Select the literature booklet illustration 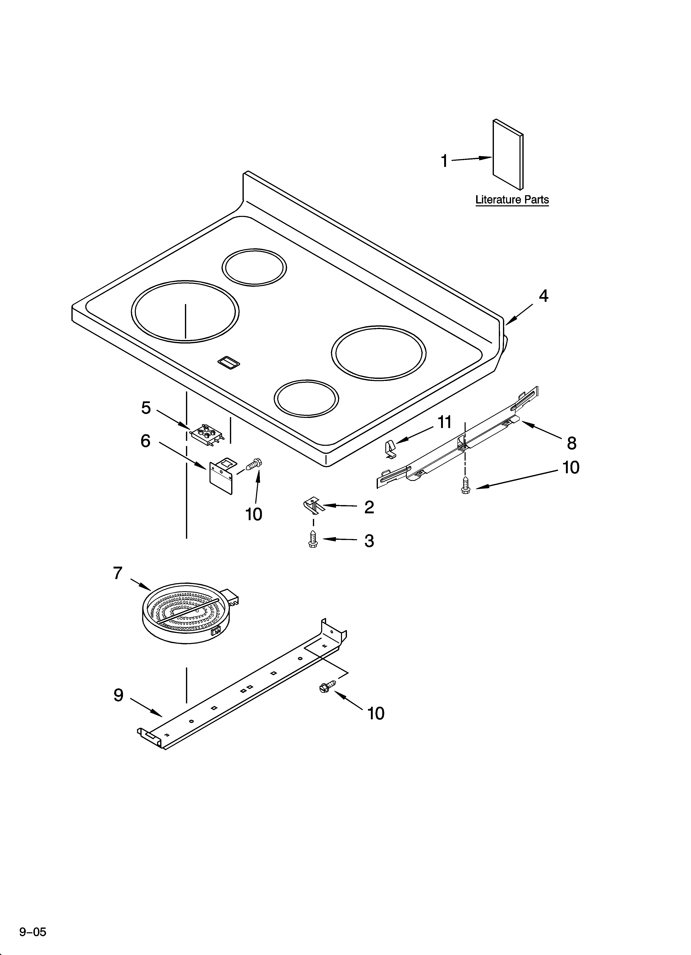tap(508, 155)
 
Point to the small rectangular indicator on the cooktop tap(228, 363)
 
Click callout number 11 tap(444, 422)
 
